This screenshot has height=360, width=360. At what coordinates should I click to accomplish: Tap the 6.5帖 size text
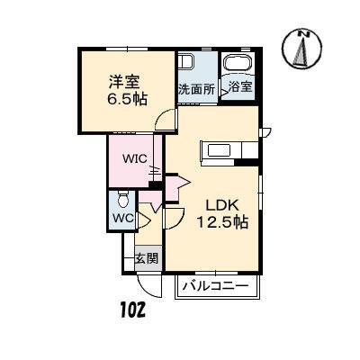pyautogui.click(x=125, y=97)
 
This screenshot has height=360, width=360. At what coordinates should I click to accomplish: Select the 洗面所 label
pyautogui.click(x=196, y=89)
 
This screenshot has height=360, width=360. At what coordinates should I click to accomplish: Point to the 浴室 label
pyautogui.click(x=240, y=87)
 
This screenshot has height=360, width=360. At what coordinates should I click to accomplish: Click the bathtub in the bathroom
pyautogui.click(x=238, y=65)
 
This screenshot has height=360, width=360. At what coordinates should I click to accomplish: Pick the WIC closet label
pyautogui.click(x=135, y=158)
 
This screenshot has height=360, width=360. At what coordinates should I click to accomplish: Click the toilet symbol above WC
pyautogui.click(x=124, y=199)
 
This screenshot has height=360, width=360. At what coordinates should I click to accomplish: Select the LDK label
pyautogui.click(x=221, y=204)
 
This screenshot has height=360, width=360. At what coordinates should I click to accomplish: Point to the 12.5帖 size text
pyautogui.click(x=222, y=223)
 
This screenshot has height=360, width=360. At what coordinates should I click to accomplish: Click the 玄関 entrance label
pyautogui.click(x=147, y=258)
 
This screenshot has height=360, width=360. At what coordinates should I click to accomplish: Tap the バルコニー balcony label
pyautogui.click(x=216, y=287)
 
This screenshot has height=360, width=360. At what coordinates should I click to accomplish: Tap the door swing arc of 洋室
pyautogui.click(x=162, y=122)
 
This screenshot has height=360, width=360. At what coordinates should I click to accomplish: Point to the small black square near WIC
pyautogui.click(x=157, y=185)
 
